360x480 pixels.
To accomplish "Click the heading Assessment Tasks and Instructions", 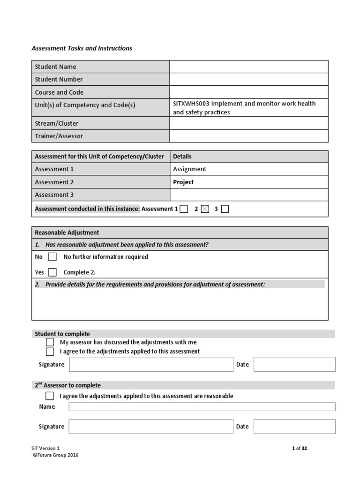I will click(82, 48).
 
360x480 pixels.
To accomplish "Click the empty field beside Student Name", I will click(248, 67).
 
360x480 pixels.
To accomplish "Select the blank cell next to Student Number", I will click(248, 79).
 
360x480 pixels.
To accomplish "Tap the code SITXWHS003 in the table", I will click(191, 104).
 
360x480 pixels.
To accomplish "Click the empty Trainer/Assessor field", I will click(248, 136).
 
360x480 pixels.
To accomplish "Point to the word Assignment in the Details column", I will click(189, 169).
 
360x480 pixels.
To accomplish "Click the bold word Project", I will click(183, 182).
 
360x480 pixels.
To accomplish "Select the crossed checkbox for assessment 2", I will click(205, 209).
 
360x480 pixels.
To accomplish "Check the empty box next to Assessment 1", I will click(184, 209).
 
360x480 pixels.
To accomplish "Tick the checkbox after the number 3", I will click(225, 209).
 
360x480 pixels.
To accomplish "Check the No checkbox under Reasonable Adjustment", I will click(52, 257).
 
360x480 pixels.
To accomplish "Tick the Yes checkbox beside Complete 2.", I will click(52, 272).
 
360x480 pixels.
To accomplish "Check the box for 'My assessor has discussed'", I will click(50, 342).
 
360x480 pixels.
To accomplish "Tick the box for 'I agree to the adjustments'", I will click(50, 352).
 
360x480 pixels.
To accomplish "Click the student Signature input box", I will click(150, 364).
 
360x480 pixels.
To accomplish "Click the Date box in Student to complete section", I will click(294, 364).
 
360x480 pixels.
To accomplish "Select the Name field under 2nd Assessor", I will click(202, 407).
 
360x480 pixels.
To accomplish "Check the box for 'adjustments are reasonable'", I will click(50, 396).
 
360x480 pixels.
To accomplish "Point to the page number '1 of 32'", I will click(300, 448).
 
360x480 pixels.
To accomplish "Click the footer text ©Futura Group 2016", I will click(55, 455).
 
